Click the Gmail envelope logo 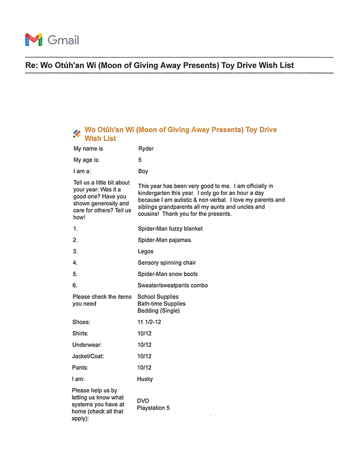(x=33, y=39)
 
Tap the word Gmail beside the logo (x=63, y=40)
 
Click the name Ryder (x=146, y=149)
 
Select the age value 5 (x=140, y=160)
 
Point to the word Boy (x=143, y=171)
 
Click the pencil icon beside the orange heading (x=77, y=134)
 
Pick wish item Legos (x=146, y=252)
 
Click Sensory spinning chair (x=167, y=263)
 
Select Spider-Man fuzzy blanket (x=170, y=228)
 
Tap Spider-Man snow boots (x=168, y=274)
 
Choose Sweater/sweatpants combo (x=173, y=285)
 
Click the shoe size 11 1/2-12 (x=152, y=322)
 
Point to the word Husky (x=145, y=379)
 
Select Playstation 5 (x=153, y=408)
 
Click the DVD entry (x=143, y=401)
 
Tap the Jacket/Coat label (x=89, y=356)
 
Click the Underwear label (x=87, y=345)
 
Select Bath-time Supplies (x=161, y=303)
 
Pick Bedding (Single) (x=158, y=311)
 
